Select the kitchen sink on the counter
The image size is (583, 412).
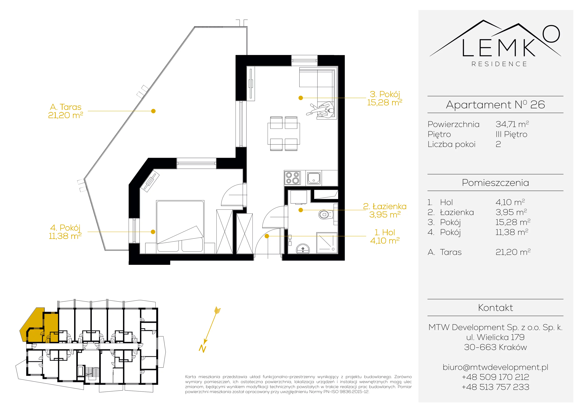[314, 178]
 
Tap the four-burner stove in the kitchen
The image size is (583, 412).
[292, 178]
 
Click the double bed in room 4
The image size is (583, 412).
[180, 226]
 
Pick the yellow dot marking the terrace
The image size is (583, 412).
[153, 111]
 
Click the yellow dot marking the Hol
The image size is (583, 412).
[267, 236]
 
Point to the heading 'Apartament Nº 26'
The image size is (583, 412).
[495, 105]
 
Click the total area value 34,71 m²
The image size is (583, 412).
[512, 124]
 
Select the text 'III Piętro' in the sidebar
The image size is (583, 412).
[511, 134]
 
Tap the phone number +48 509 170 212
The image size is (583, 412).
[495, 377]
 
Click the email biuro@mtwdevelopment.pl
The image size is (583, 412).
[495, 367]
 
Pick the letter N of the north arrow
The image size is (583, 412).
[202, 349]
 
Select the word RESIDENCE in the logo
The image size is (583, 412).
[499, 64]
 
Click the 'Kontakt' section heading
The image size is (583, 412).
[495, 308]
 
